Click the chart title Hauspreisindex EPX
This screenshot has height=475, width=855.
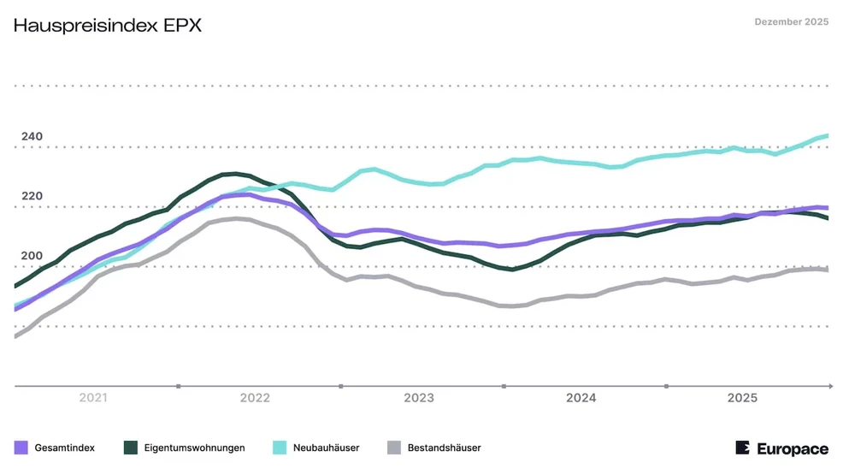(108, 25)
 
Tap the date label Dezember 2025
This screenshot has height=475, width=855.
(791, 22)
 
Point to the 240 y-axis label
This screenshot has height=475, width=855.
(32, 137)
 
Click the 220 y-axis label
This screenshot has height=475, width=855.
(32, 196)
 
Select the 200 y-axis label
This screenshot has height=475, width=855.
(32, 256)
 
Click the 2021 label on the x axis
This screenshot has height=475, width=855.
(92, 398)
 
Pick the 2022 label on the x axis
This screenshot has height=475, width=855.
(255, 398)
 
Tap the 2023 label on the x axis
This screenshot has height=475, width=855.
(418, 398)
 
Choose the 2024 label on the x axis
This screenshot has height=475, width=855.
(581, 398)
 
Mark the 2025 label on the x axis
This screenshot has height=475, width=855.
(742, 398)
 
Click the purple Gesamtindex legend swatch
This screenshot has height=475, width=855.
(21, 448)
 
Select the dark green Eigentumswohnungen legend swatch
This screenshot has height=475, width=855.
(131, 448)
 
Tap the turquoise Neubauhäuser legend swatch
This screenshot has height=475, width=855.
(280, 448)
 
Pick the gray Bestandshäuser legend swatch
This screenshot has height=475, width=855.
(394, 448)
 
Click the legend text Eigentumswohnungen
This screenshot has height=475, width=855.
(195, 448)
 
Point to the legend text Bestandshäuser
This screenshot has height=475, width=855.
(444, 448)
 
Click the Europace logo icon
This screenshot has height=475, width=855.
(742, 448)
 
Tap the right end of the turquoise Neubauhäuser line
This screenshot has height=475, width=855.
(827, 135)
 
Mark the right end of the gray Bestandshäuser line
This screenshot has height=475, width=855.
(827, 270)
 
